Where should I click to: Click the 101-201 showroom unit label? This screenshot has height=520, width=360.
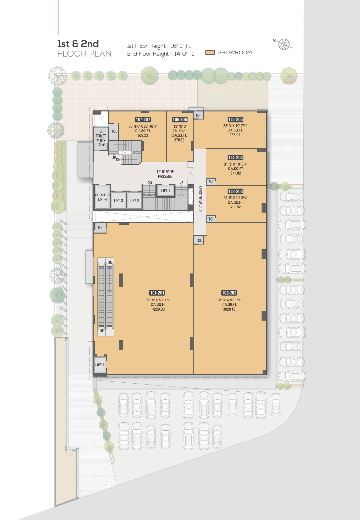point(157,293)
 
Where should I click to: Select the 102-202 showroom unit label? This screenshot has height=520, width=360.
point(229,293)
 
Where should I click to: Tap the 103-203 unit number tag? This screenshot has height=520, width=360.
point(235,191)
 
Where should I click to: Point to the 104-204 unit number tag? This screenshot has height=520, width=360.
point(235,158)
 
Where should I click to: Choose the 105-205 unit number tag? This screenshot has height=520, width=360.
point(235,120)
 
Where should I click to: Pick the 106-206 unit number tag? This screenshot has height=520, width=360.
point(180,120)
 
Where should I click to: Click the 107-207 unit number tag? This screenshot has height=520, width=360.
point(143,120)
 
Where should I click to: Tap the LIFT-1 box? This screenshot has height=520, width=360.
point(166,191)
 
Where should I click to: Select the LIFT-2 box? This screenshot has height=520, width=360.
point(134,200)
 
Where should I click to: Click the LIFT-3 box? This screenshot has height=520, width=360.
point(118,200)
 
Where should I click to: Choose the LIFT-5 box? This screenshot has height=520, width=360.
point(100,364)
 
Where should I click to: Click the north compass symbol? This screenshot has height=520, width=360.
point(284,44)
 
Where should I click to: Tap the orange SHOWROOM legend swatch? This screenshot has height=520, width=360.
point(209,52)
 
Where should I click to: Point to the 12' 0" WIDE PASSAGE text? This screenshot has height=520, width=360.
point(165,174)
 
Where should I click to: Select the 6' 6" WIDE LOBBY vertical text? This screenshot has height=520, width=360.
point(200,199)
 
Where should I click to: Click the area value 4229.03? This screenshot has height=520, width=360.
point(158,309)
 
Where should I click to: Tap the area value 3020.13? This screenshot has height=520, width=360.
point(230,309)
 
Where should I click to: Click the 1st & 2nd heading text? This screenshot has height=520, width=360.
point(78,44)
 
